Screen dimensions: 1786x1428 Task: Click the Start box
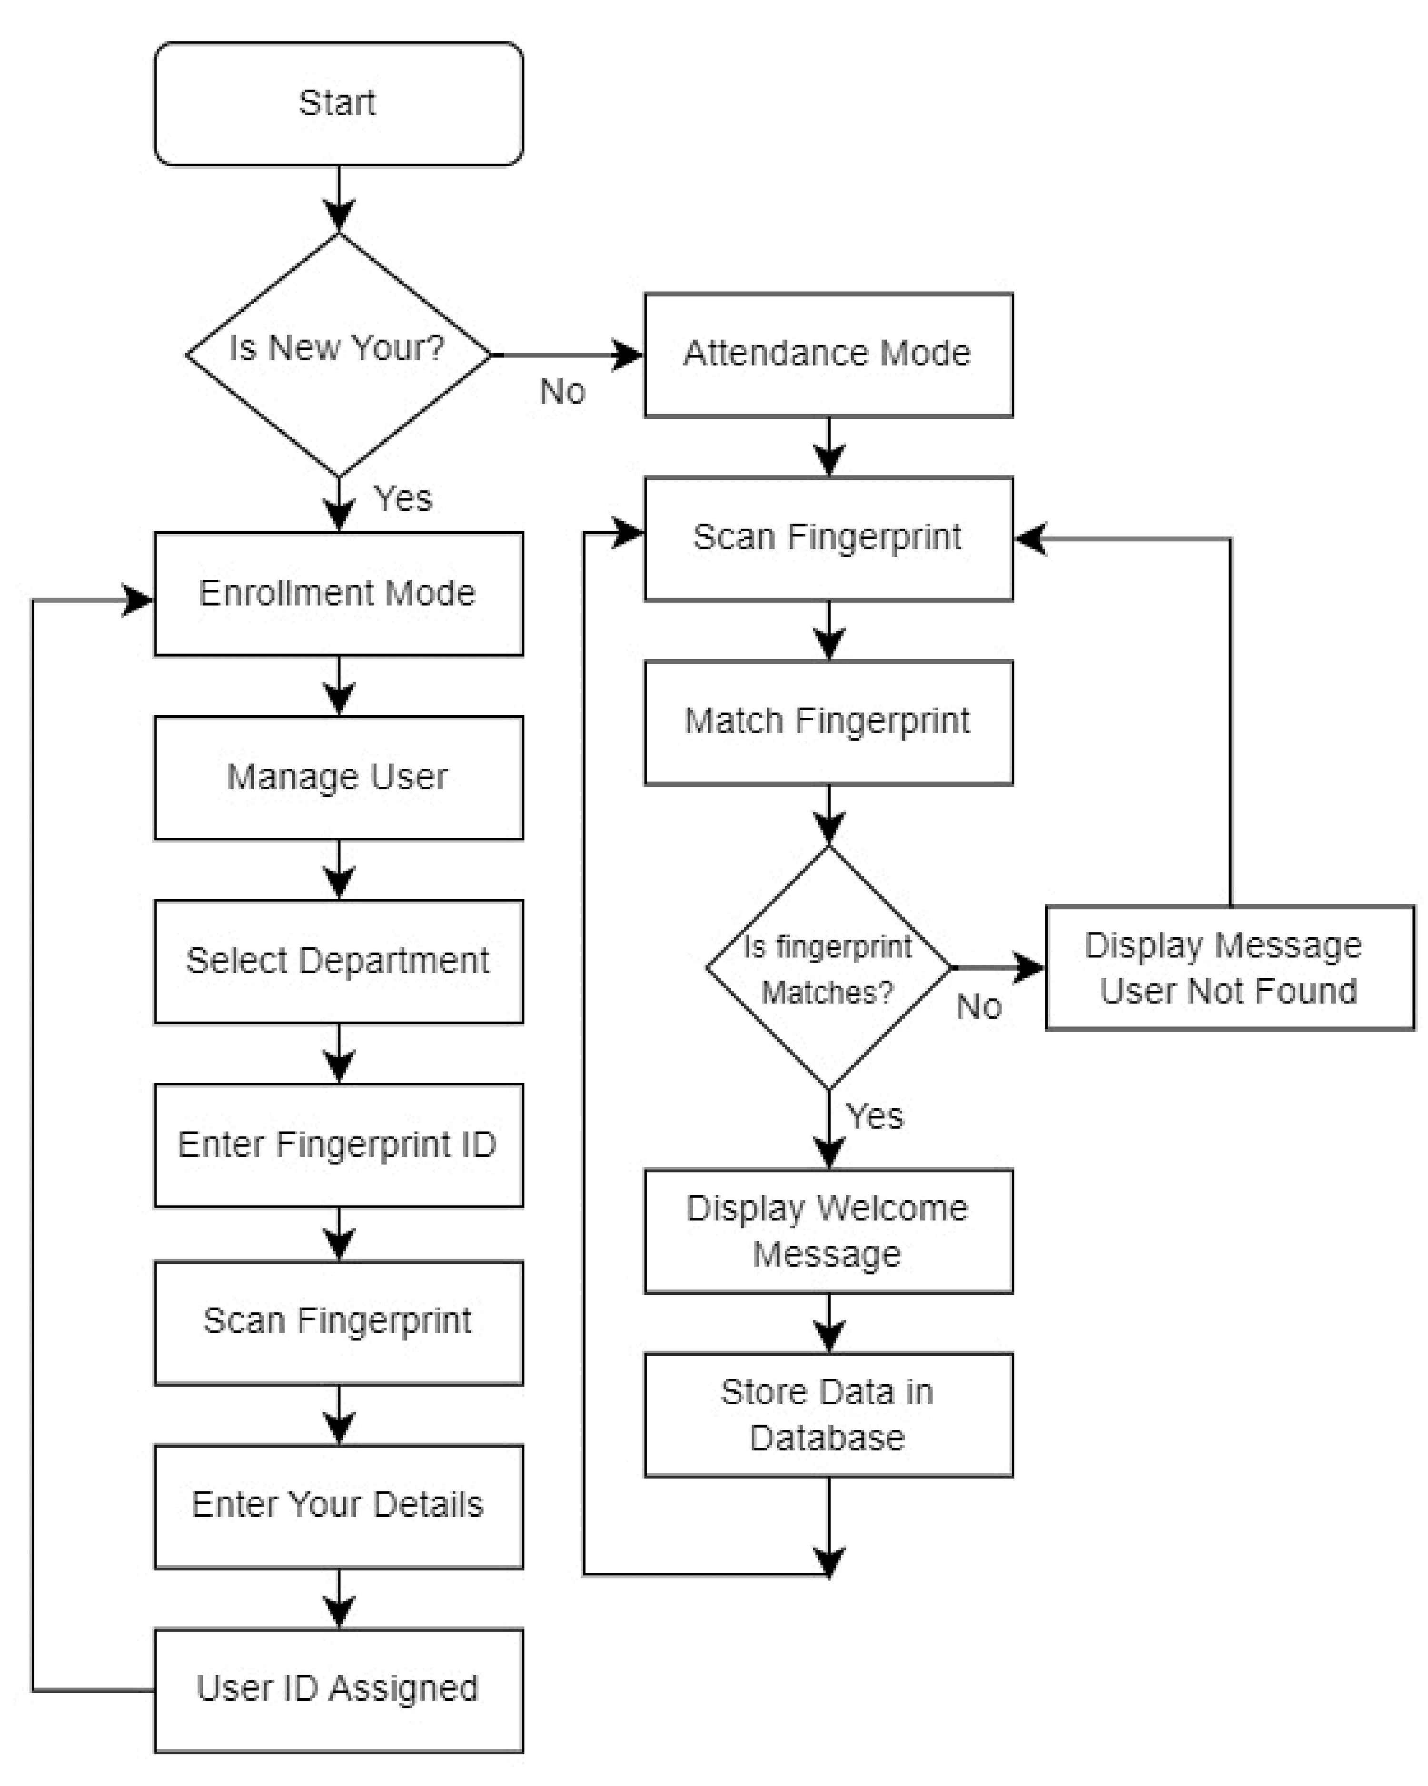click(338, 104)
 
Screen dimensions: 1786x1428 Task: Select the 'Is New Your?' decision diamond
click(338, 355)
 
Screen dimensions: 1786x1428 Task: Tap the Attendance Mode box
click(827, 355)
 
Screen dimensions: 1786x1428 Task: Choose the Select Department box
click(338, 962)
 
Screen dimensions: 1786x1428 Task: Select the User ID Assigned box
click(338, 1689)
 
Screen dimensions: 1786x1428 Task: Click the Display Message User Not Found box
click(1229, 968)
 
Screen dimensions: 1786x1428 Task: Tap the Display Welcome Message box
click(827, 1231)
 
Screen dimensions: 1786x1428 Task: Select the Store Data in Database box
click(827, 1415)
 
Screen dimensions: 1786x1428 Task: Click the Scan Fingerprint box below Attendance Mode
click(827, 537)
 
